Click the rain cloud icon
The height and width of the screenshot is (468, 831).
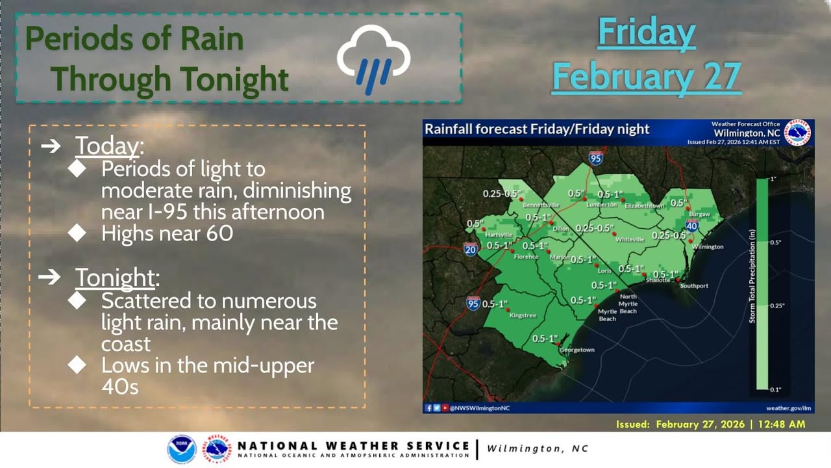(373, 59)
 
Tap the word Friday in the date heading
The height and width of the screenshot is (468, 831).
(646, 32)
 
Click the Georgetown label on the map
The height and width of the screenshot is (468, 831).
(577, 350)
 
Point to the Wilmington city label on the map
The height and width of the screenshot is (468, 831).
(708, 246)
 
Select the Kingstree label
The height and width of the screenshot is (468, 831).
(523, 315)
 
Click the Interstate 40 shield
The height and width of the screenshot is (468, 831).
(691, 226)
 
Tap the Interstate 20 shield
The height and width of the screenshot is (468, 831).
(471, 249)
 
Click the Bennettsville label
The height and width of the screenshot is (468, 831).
(541, 205)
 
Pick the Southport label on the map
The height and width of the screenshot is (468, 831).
(694, 285)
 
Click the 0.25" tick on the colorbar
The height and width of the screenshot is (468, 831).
(777, 305)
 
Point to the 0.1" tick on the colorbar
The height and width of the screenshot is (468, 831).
(775, 389)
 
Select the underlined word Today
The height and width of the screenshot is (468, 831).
(107, 146)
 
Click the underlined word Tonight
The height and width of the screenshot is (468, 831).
(115, 278)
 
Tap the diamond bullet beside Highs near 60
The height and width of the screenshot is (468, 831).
(77, 233)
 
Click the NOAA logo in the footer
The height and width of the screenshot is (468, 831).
(182, 448)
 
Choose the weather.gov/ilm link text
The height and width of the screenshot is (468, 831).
(788, 408)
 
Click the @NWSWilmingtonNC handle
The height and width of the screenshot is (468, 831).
(480, 408)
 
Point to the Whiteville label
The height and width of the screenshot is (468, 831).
(630, 240)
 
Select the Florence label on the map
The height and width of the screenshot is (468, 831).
(526, 257)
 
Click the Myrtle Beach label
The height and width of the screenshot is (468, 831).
(607, 315)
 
